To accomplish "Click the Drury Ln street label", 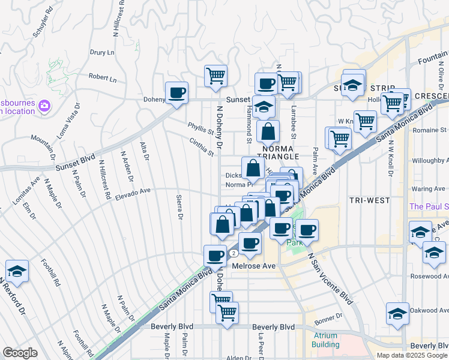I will click(x=102, y=53).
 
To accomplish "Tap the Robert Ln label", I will click(x=103, y=78).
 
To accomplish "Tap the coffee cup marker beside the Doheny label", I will click(x=176, y=93).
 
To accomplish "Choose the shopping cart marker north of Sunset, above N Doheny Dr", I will click(x=215, y=76).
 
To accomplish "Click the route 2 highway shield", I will click(x=233, y=253).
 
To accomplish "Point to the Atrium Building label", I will click(x=325, y=340).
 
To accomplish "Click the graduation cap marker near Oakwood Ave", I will click(x=397, y=314).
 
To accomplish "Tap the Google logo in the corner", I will click(x=20, y=353).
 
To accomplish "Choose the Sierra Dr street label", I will click(x=179, y=207).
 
